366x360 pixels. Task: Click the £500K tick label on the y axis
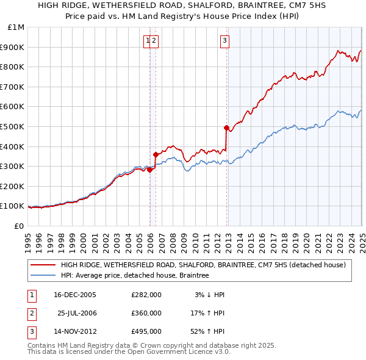13,126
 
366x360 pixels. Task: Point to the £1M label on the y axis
15,27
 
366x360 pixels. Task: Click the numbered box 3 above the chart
225,41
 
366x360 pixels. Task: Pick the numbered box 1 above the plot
148,41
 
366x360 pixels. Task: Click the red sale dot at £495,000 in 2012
226,128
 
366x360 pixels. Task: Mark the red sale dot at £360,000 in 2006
156,154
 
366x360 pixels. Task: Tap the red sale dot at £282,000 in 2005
149,170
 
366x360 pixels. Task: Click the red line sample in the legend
43,265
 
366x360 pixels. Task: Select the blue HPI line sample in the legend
43,275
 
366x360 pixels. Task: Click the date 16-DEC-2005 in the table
75,295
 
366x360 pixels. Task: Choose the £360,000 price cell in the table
146,313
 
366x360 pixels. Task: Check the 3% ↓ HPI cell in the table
210,295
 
